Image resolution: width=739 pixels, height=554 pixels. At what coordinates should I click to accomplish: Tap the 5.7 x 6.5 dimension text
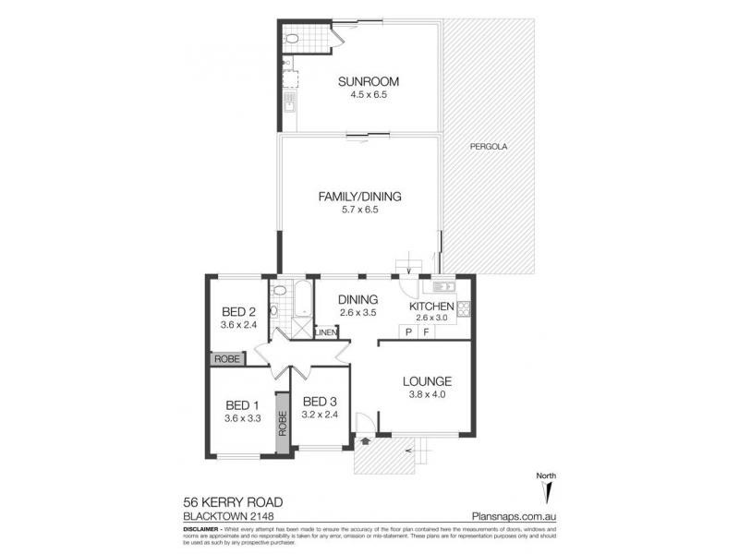point(360,210)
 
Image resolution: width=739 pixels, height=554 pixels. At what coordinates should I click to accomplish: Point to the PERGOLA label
point(489,147)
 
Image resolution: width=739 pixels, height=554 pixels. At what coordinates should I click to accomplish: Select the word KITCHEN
point(431,307)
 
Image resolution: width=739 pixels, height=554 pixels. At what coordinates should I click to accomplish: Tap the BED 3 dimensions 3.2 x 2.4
point(321,415)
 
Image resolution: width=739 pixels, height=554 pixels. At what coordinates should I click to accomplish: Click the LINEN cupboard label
point(325,332)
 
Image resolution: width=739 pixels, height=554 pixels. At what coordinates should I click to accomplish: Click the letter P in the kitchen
point(407,331)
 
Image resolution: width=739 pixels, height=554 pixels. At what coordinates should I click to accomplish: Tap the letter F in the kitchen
point(426,331)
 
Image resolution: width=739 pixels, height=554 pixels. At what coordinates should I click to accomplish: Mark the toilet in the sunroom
point(291,39)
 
